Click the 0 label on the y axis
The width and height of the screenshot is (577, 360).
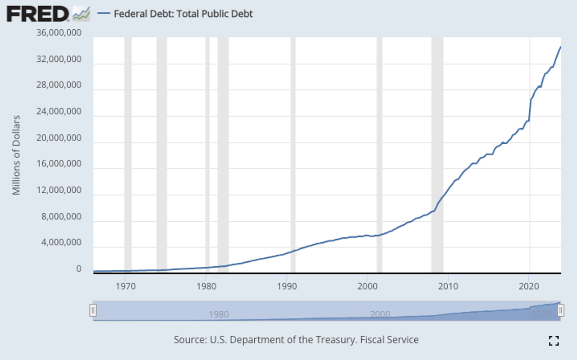pos(78,269)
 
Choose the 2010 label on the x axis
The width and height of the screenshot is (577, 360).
pos(448,286)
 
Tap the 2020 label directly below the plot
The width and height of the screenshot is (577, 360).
pos(529,286)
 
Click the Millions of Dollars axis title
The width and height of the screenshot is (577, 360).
pos(17,155)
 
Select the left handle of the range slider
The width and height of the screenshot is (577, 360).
pos(93,310)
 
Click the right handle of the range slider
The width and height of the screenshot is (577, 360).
pos(561,310)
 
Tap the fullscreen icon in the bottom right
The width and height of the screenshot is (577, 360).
pos(554,341)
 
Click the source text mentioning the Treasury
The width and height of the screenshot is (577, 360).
pos(296,340)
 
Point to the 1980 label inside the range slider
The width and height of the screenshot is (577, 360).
pos(219,314)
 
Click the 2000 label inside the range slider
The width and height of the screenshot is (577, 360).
pos(380,314)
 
